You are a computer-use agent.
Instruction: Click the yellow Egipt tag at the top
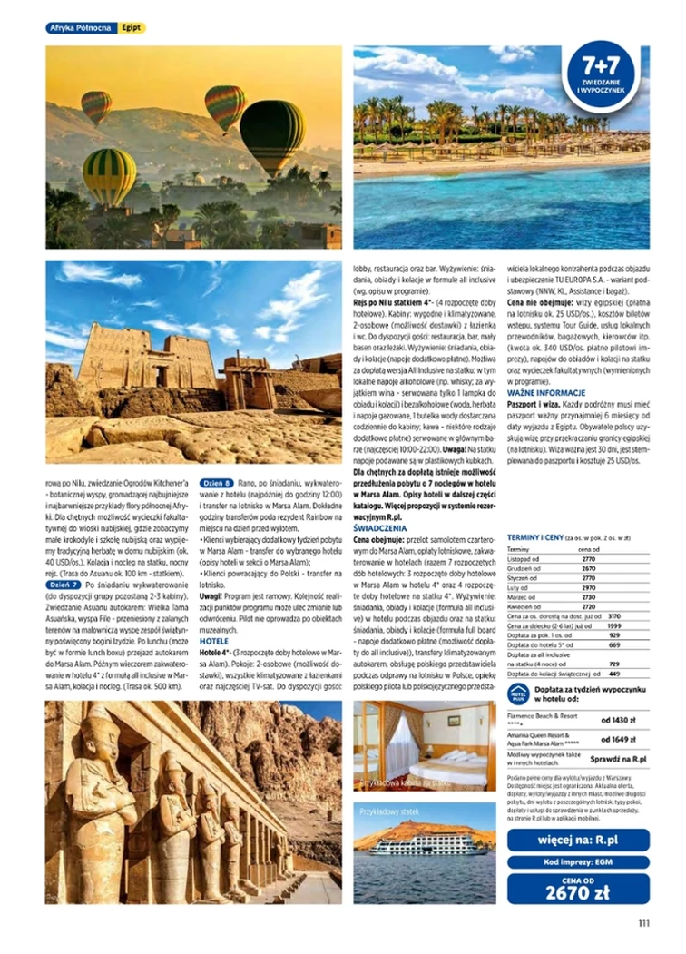[132, 28]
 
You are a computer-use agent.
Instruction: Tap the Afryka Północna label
[81, 28]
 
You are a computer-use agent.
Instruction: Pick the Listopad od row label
[524, 560]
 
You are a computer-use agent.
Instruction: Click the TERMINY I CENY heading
[534, 538]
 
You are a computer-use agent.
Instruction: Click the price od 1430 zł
[619, 719]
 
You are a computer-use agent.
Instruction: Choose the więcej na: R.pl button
[578, 840]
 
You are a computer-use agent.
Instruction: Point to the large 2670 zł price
[578, 893]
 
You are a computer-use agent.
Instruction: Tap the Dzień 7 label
[63, 585]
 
